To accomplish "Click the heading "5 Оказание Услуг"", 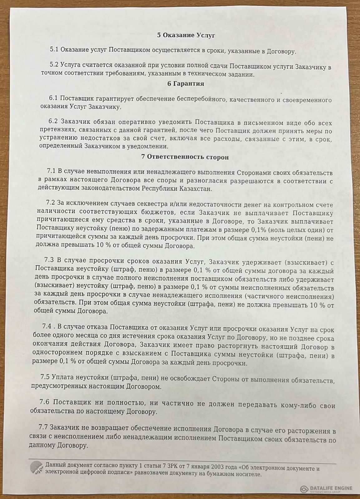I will (186, 35).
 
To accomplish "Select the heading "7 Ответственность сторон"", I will (185, 157).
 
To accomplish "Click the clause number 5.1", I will (54, 50).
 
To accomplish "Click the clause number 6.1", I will (53, 99).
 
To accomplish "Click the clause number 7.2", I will (50, 204).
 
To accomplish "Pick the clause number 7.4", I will (47, 327).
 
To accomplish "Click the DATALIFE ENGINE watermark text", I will (331, 488).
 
